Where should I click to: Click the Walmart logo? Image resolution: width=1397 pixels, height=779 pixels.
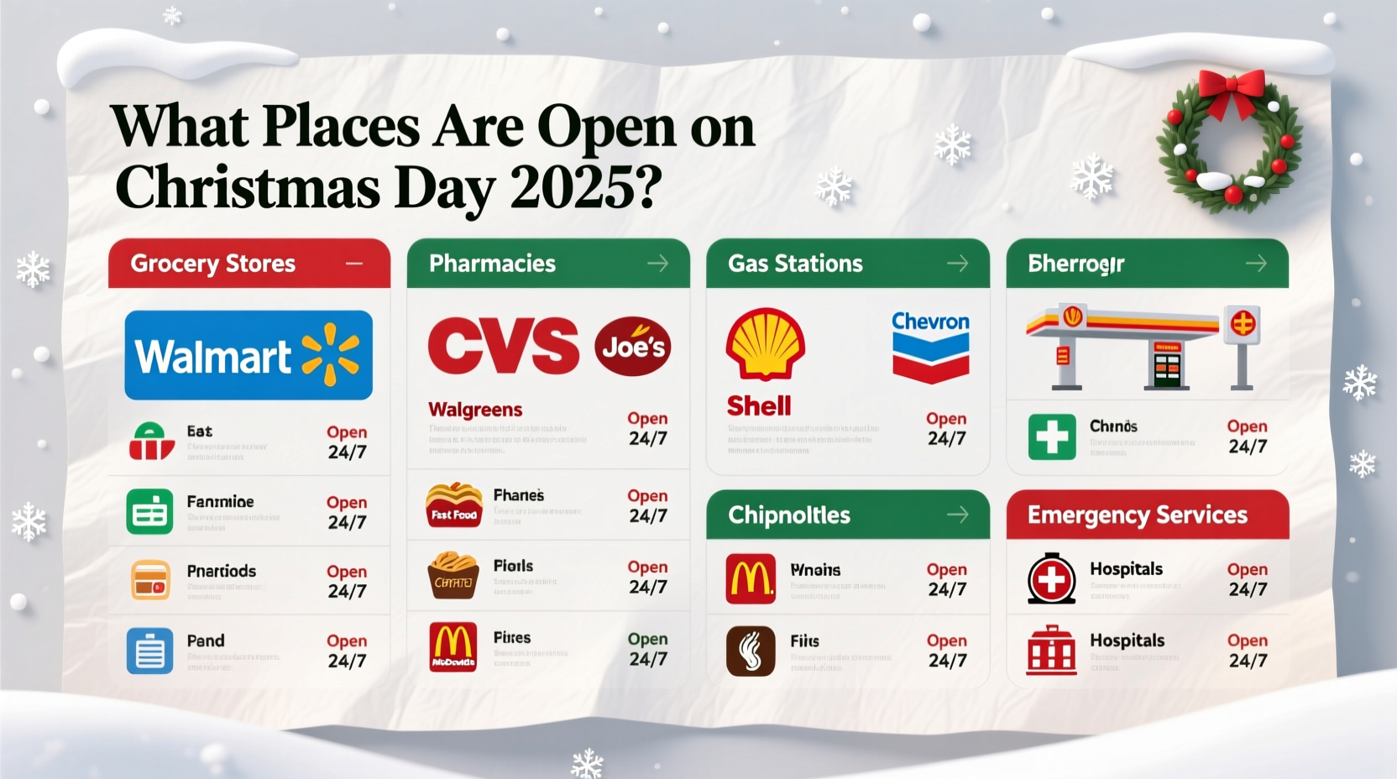click(249, 355)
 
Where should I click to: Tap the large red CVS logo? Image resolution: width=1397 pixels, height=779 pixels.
click(503, 346)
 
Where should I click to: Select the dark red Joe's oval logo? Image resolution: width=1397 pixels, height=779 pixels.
click(633, 346)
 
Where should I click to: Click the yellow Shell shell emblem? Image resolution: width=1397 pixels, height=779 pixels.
click(765, 343)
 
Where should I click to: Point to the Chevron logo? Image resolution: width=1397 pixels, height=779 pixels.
click(930, 346)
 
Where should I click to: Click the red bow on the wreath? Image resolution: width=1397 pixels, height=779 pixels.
click(1232, 89)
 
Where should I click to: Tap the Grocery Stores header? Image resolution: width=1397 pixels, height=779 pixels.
click(213, 264)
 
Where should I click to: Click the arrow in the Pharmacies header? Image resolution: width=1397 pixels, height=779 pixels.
click(658, 264)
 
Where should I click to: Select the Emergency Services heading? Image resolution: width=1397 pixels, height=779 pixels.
click(1138, 515)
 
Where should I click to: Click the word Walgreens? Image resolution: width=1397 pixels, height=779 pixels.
click(475, 410)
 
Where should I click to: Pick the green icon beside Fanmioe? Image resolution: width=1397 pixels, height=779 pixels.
click(149, 511)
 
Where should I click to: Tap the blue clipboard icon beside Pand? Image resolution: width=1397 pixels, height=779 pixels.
click(149, 651)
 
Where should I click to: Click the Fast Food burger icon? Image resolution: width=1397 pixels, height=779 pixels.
click(453, 505)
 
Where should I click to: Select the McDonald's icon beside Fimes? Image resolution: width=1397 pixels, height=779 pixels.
click(453, 647)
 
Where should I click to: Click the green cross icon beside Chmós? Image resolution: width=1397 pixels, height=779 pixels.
click(1052, 437)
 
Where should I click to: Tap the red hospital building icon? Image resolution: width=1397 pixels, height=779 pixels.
click(1051, 651)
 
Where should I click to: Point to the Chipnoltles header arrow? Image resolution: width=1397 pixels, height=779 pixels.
click(958, 515)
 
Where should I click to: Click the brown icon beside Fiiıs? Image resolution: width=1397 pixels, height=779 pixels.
click(751, 651)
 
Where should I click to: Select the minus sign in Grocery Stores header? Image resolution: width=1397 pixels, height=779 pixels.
click(354, 264)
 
